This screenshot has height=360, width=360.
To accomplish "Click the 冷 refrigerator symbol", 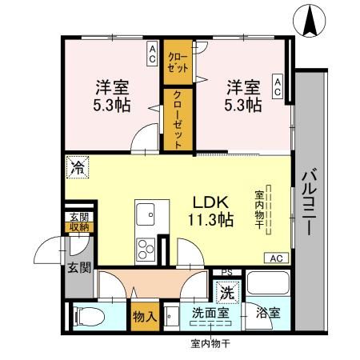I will click(78, 167).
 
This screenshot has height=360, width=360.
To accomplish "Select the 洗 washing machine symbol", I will click(228, 293).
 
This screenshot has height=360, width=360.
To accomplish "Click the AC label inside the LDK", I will click(276, 258).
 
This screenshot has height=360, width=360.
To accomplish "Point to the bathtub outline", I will click(268, 285).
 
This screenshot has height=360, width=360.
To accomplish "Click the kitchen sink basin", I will click(146, 214).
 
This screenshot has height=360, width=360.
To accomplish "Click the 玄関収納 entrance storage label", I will click(78, 222).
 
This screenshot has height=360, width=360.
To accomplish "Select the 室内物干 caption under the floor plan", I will click(210, 345).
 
